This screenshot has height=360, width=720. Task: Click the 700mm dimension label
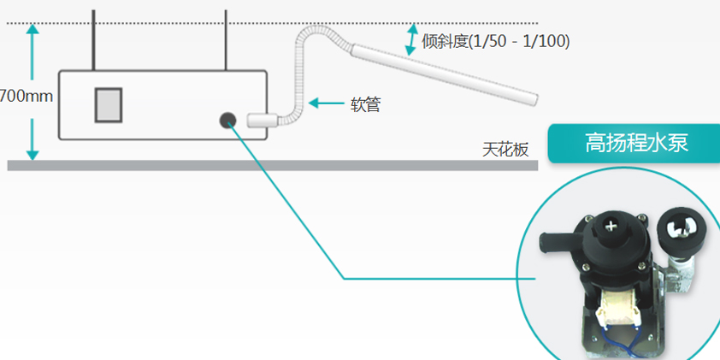[27, 97]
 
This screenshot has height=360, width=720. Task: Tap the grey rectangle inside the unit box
[109, 105]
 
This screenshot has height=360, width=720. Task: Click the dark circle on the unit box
[227, 121]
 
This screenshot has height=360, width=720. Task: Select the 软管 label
[365, 103]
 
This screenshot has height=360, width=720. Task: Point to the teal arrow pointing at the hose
[326, 103]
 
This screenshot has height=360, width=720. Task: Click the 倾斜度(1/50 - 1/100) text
[495, 42]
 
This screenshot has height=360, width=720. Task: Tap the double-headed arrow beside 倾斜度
[411, 39]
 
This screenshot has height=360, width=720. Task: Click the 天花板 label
[505, 150]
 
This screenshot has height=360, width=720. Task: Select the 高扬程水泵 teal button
[634, 144]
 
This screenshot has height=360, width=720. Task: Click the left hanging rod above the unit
[93, 40]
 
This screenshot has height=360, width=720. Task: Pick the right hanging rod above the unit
[226, 40]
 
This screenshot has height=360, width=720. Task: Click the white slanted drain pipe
[444, 74]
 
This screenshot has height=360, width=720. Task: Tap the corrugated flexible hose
[298, 74]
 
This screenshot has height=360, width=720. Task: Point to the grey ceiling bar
[272, 165]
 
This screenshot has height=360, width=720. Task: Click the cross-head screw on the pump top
[611, 226]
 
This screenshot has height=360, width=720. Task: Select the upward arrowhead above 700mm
[32, 29]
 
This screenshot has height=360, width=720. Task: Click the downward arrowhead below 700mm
[32, 155]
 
